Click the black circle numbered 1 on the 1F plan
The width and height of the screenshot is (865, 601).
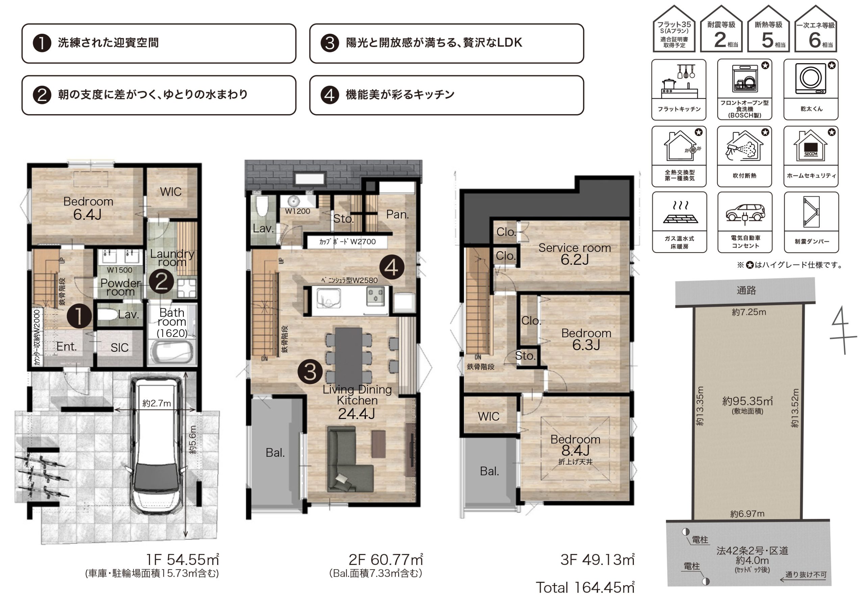[x=79, y=316]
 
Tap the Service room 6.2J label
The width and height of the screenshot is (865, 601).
[x=574, y=254]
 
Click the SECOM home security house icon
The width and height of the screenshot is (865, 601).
[x=811, y=146]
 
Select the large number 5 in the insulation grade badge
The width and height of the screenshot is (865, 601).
[x=767, y=40]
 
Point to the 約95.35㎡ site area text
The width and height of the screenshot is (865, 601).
[x=747, y=401]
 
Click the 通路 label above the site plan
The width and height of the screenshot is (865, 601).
[x=746, y=290]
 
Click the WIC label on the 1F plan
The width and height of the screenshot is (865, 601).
[x=171, y=192]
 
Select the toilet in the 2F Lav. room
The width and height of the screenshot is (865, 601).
[x=262, y=206]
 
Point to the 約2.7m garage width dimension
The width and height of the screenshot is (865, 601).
[x=157, y=403]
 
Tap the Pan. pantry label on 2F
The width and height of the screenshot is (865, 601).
[x=397, y=215]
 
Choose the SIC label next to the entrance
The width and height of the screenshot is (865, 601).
[x=119, y=347]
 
